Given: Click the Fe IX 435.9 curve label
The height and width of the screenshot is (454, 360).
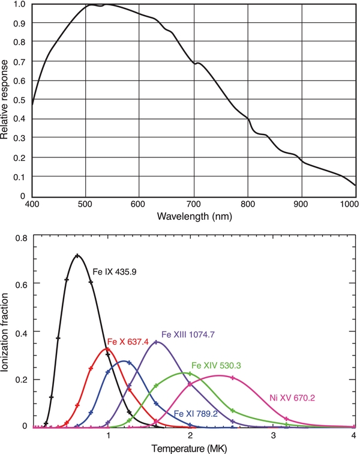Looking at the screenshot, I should pyautogui.click(x=115, y=272).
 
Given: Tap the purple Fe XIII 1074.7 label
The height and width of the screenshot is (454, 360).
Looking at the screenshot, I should pyautogui.click(x=188, y=333).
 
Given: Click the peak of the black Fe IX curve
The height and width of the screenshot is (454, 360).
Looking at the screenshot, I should pyautogui.click(x=77, y=255).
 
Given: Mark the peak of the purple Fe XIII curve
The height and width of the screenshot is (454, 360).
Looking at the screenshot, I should pyautogui.click(x=157, y=342).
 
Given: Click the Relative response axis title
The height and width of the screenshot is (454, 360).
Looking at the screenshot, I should pyautogui.click(x=5, y=99).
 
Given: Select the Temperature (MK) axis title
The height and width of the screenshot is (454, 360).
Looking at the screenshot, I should pyautogui.click(x=194, y=448).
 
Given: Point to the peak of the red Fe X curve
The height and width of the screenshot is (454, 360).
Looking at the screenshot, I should pyautogui.click(x=107, y=349).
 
